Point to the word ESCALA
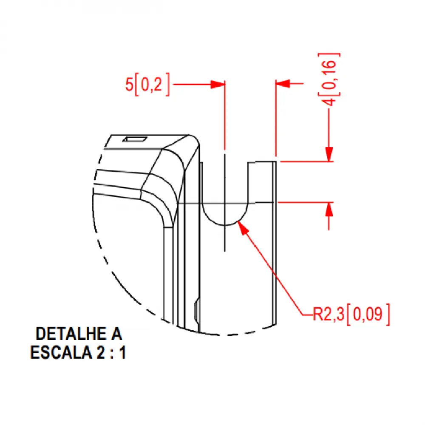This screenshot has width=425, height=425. tap(61, 352)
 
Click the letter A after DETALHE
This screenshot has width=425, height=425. tap(116, 334)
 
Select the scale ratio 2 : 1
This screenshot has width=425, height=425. tap(111, 352)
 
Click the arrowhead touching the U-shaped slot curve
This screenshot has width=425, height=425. tap(243, 228)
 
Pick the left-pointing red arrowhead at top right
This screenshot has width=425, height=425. tap(283, 84)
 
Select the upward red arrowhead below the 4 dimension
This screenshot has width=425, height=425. tap(329, 210)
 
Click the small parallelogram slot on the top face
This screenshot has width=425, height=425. tap(135, 139)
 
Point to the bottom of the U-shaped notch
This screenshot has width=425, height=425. tap(225, 225)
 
